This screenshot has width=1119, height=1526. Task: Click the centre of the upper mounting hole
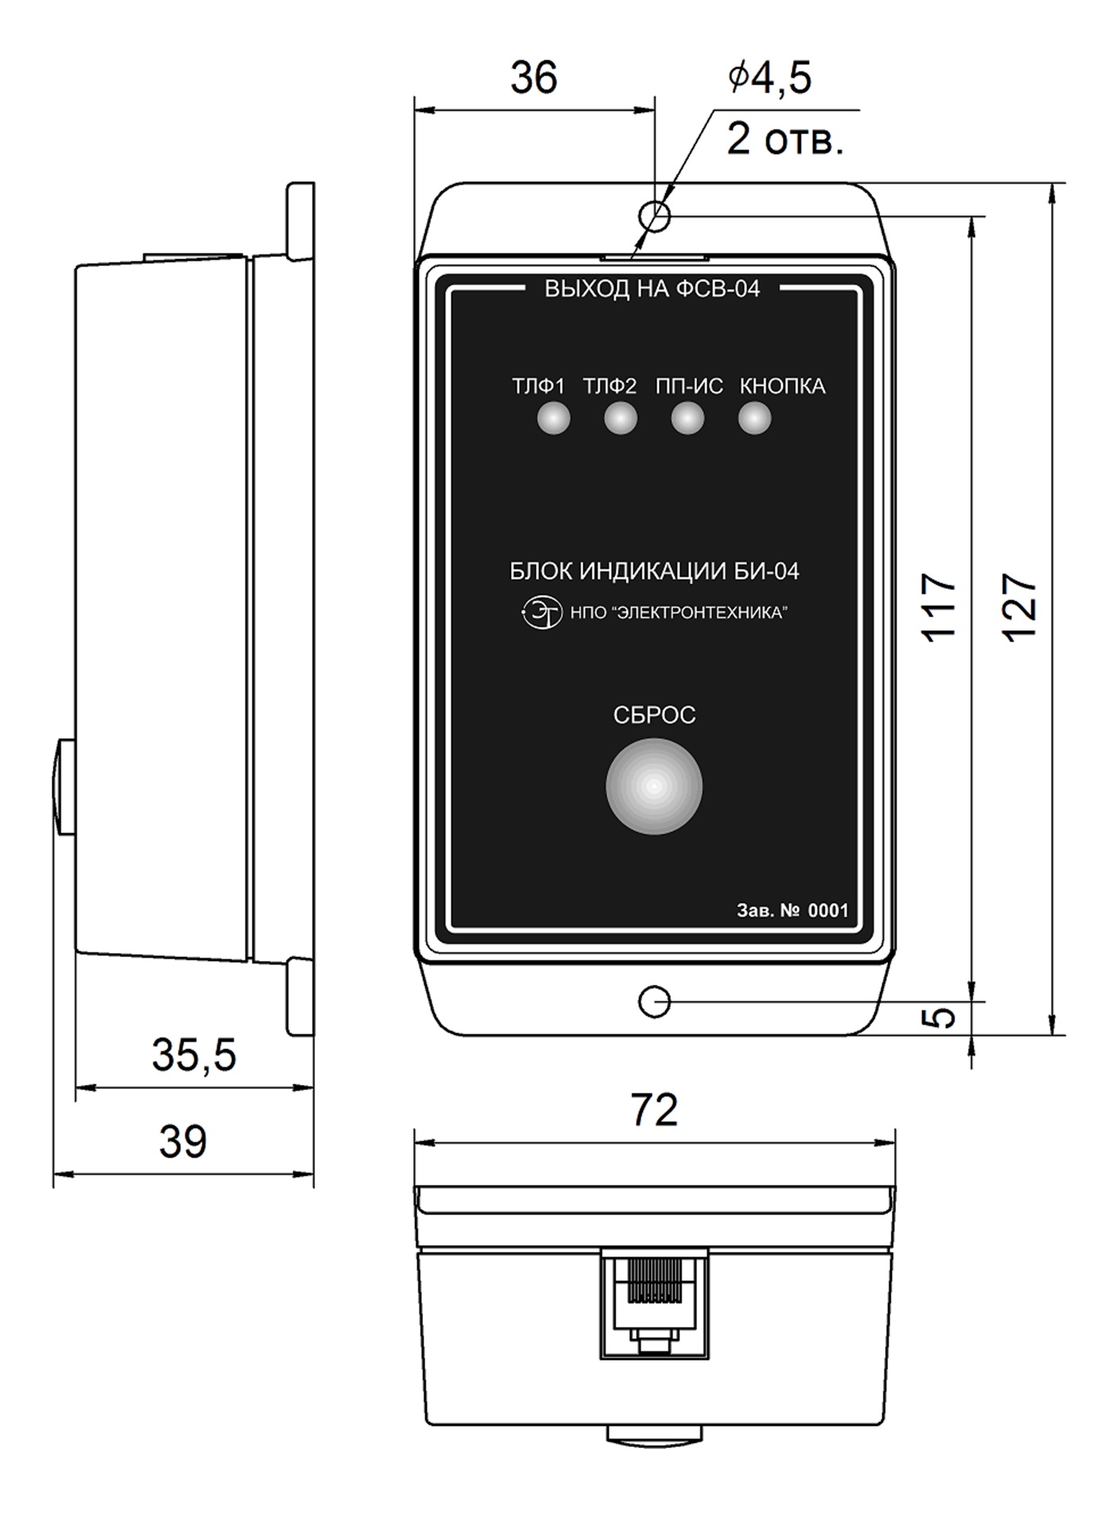click(654, 215)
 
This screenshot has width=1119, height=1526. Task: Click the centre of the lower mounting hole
click(654, 1002)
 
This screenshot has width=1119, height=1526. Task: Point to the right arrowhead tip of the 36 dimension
click(654, 110)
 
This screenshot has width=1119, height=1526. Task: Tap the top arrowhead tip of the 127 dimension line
click(1054, 183)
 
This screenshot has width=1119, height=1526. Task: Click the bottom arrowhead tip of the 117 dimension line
click(971, 1002)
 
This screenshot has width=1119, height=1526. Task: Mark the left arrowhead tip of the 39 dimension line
click(53, 1173)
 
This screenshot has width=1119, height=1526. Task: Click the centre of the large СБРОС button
click(654, 787)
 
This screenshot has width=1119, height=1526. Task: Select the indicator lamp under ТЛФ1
click(554, 418)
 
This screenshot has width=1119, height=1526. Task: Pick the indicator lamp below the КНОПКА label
click(755, 418)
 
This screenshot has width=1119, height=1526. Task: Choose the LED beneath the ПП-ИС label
click(687, 418)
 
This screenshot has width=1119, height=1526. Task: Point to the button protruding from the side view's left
click(64, 786)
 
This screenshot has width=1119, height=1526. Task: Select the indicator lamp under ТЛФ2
click(621, 418)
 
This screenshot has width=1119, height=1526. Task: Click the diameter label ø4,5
click(769, 78)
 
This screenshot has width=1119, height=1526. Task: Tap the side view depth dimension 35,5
click(195, 1055)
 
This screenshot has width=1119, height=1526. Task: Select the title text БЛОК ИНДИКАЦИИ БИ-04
click(654, 571)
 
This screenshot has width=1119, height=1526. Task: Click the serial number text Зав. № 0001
click(792, 910)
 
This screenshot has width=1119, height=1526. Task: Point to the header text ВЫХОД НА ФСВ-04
click(652, 289)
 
